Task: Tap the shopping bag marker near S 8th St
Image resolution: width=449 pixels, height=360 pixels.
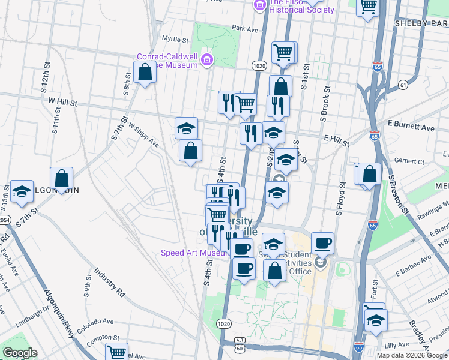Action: tap(145, 73)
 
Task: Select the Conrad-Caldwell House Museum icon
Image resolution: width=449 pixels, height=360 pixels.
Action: tap(208, 59)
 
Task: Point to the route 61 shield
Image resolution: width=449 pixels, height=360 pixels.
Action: tap(402, 85)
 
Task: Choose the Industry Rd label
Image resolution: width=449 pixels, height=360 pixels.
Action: tap(109, 283)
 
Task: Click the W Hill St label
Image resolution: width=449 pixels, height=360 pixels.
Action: tap(63, 103)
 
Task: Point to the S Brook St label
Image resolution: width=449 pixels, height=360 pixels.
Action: tap(325, 106)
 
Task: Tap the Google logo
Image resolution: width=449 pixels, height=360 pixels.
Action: tap(20, 353)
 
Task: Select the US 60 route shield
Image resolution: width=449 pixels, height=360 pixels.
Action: tap(240, 346)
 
